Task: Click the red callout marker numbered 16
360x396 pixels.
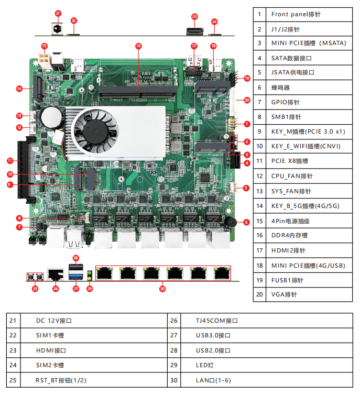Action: [x=138, y=46]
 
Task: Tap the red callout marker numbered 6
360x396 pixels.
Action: [x=246, y=222]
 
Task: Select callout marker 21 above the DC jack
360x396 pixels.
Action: [x=58, y=13]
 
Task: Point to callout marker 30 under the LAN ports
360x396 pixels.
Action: [x=162, y=288]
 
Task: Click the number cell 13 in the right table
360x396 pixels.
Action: [x=259, y=191]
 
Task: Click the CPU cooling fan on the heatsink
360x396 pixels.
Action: [x=94, y=128]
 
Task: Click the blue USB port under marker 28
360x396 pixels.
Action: [x=75, y=270]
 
